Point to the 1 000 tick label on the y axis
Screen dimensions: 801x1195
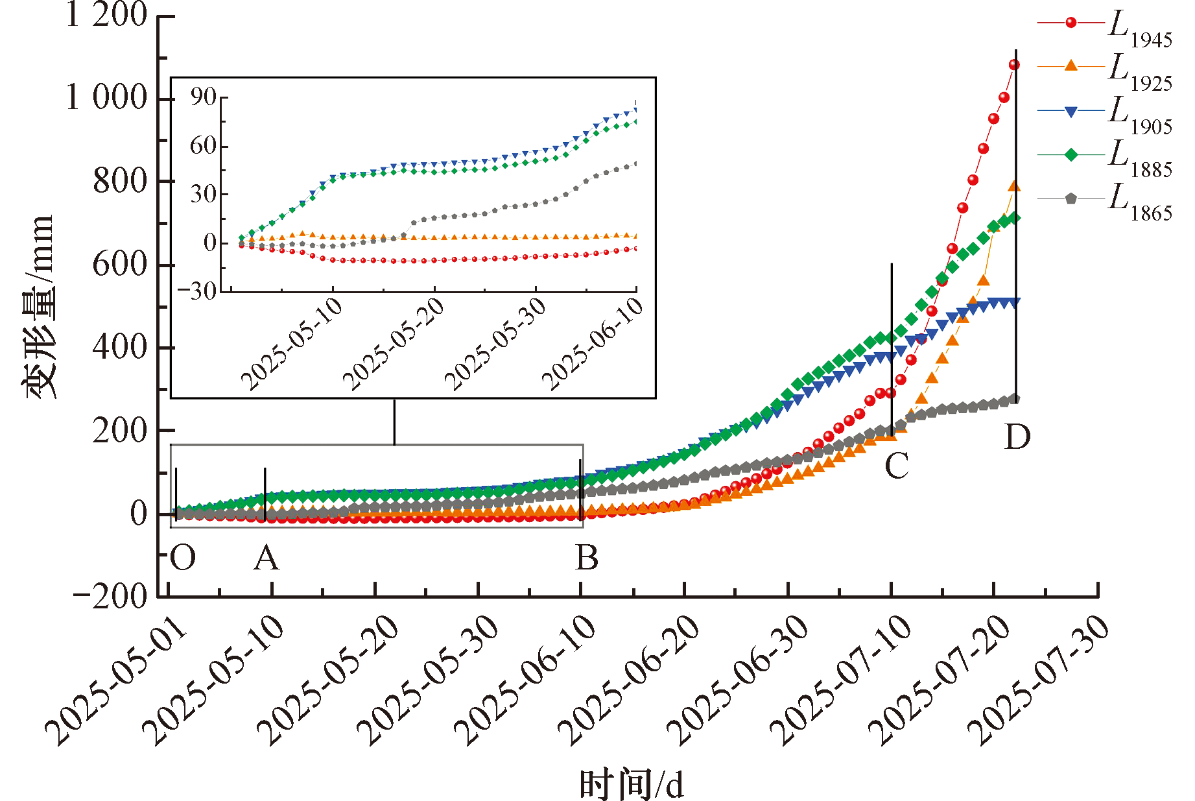click(x=107, y=98)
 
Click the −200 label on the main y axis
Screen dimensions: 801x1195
click(x=110, y=597)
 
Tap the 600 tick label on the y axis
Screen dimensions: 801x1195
click(x=121, y=265)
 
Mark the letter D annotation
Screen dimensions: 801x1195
click(x=1017, y=437)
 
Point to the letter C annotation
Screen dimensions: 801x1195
click(x=897, y=466)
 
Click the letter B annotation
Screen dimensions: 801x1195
click(x=587, y=558)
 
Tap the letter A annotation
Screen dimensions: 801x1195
click(x=266, y=558)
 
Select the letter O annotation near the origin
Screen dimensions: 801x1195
click(x=183, y=558)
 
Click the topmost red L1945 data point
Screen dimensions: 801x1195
click(x=1014, y=65)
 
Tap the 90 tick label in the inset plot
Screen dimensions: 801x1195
click(x=203, y=97)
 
